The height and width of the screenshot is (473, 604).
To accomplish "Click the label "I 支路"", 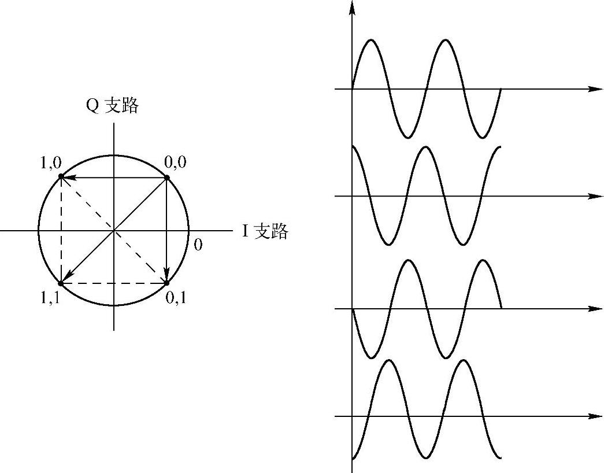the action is click(265, 231).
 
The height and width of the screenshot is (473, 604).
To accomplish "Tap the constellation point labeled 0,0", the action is click(167, 178).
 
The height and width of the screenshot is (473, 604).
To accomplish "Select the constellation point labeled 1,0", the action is click(61, 176).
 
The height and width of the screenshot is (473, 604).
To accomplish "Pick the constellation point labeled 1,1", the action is click(61, 283).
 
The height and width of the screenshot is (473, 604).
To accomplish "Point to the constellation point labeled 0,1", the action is click(166, 283).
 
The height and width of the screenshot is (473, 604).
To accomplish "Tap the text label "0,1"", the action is click(176, 299).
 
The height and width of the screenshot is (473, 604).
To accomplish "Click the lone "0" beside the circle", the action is click(198, 245).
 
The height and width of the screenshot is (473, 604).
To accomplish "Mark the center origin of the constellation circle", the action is click(114, 231).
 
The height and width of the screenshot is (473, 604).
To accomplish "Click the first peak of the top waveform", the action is click(370, 40).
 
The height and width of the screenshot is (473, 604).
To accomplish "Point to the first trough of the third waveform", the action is click(370, 357).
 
